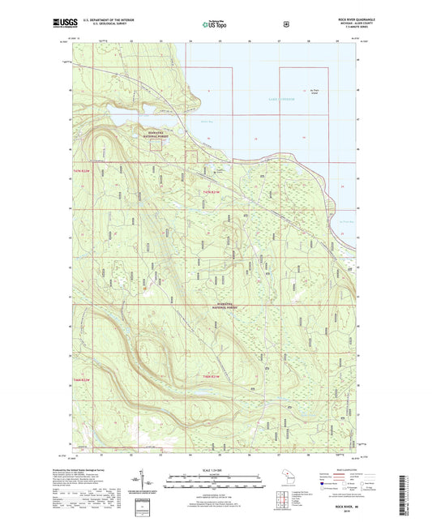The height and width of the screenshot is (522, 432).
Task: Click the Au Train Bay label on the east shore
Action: pos(344,220)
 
